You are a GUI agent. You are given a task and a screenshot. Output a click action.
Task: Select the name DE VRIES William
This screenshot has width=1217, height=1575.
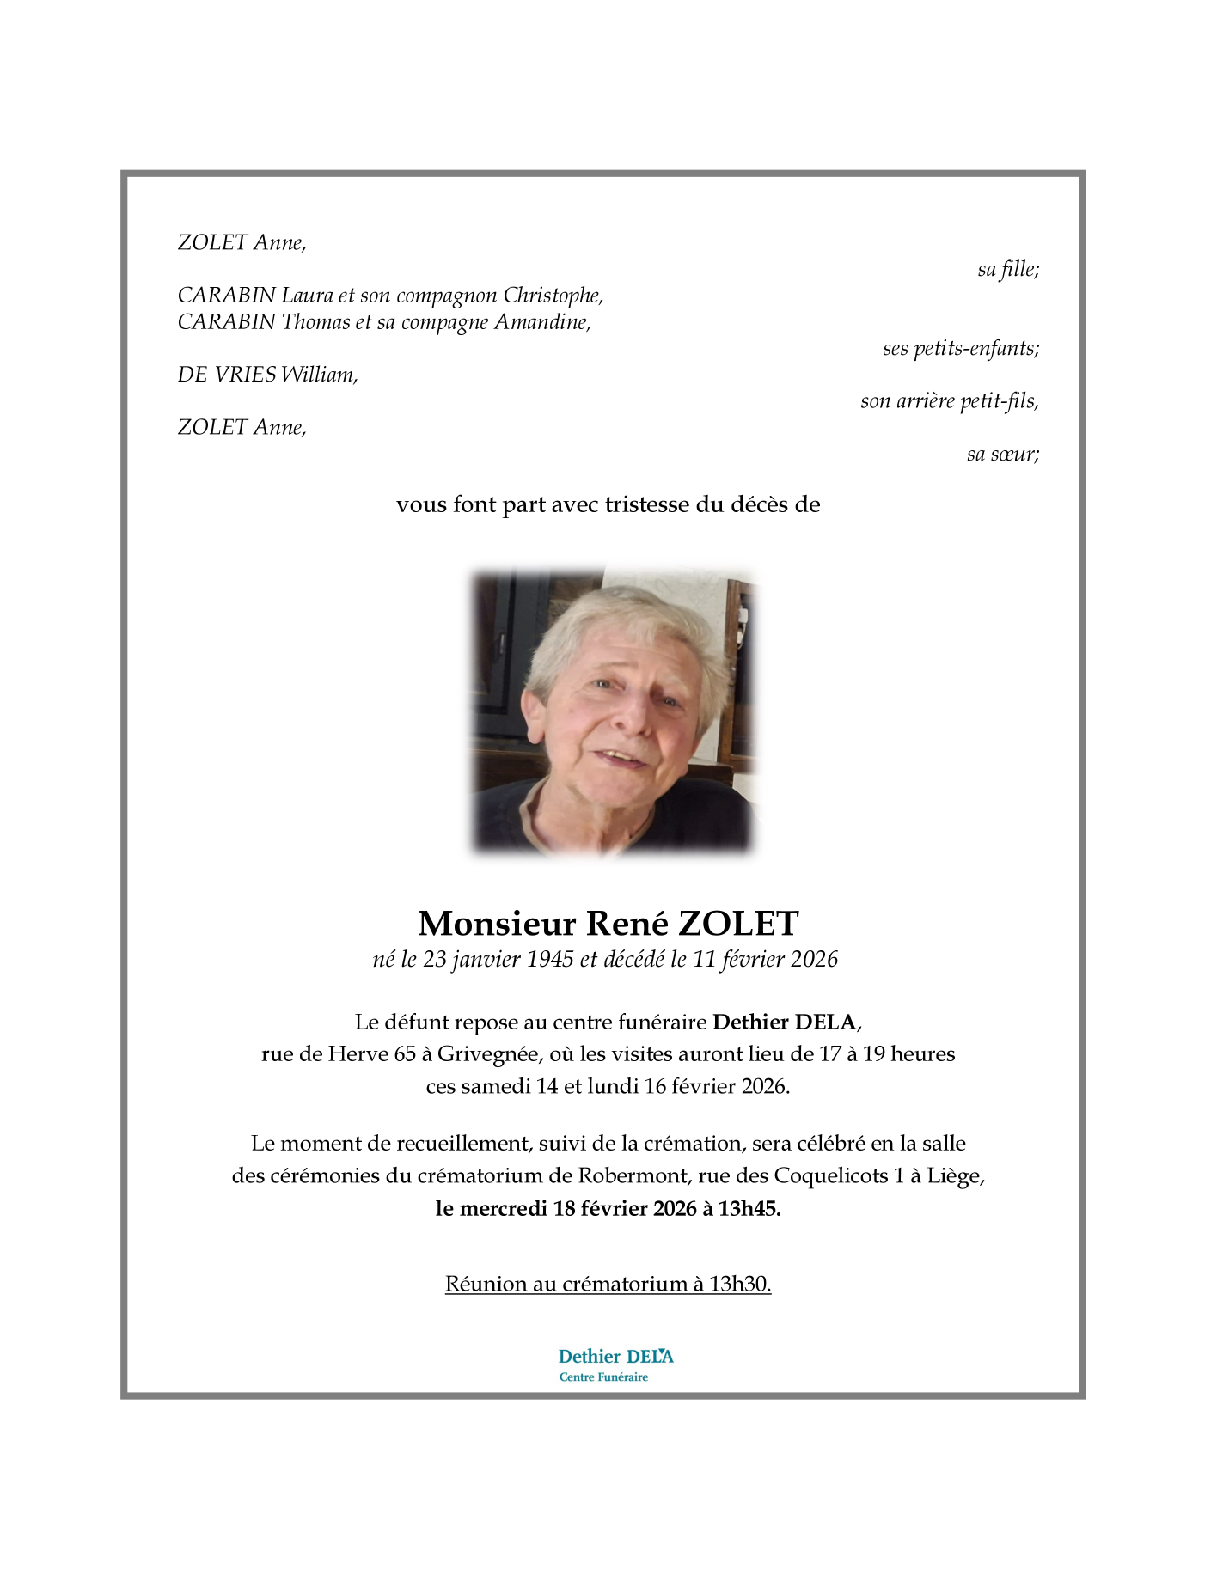tap(266, 375)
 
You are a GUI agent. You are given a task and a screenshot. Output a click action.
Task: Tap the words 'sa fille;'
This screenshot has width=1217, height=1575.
tap(1007, 270)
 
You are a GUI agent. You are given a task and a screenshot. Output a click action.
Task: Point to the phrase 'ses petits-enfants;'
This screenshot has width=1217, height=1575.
tap(960, 349)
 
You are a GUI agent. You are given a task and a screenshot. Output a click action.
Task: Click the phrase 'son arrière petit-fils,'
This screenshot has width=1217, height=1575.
tap(949, 401)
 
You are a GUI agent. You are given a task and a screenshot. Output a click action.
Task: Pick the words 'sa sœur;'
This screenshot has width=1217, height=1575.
tap(1002, 455)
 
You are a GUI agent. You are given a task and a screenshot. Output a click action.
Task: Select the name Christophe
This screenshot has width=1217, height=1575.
tap(553, 296)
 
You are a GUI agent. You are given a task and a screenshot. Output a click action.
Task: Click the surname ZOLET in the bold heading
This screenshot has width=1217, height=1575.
tap(738, 924)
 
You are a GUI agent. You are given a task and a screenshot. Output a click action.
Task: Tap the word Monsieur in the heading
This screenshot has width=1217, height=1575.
tap(496, 924)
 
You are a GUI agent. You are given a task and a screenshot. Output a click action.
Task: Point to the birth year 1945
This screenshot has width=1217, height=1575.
tap(549, 960)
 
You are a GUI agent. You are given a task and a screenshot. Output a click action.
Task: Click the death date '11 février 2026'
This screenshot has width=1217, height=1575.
tap(765, 960)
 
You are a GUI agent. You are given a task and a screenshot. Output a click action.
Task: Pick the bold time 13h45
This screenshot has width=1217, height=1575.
tap(749, 1209)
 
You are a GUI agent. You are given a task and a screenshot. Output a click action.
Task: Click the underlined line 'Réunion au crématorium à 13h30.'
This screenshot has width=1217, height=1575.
tap(608, 1285)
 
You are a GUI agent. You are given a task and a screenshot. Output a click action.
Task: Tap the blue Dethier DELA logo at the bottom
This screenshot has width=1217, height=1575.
tap(615, 1364)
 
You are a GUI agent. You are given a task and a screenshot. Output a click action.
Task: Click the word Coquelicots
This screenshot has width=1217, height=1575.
tap(830, 1175)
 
